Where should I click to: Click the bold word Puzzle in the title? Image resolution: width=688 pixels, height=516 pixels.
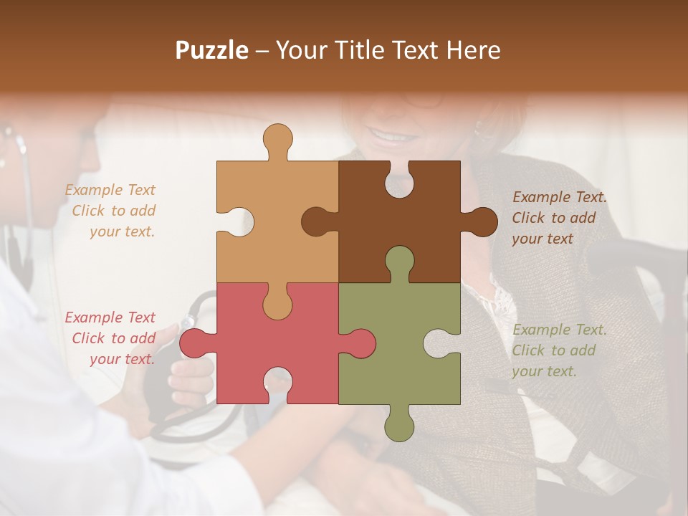tap(212, 50)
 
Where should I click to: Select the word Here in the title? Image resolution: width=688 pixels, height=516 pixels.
tap(473, 50)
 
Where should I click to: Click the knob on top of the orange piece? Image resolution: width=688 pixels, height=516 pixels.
tap(278, 140)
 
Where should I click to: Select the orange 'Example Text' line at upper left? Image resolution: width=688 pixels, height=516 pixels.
tap(110, 190)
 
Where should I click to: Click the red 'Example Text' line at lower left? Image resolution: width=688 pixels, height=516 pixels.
tap(110, 317)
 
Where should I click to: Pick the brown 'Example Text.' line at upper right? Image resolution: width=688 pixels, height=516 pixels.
tap(560, 197)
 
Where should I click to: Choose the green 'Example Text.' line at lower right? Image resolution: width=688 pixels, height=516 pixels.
tap(560, 330)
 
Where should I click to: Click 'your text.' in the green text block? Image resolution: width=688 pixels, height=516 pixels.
tap(544, 371)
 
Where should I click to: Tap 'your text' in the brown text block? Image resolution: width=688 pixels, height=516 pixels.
tap(543, 239)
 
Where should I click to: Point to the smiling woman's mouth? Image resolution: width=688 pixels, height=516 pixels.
tap(389, 135)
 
